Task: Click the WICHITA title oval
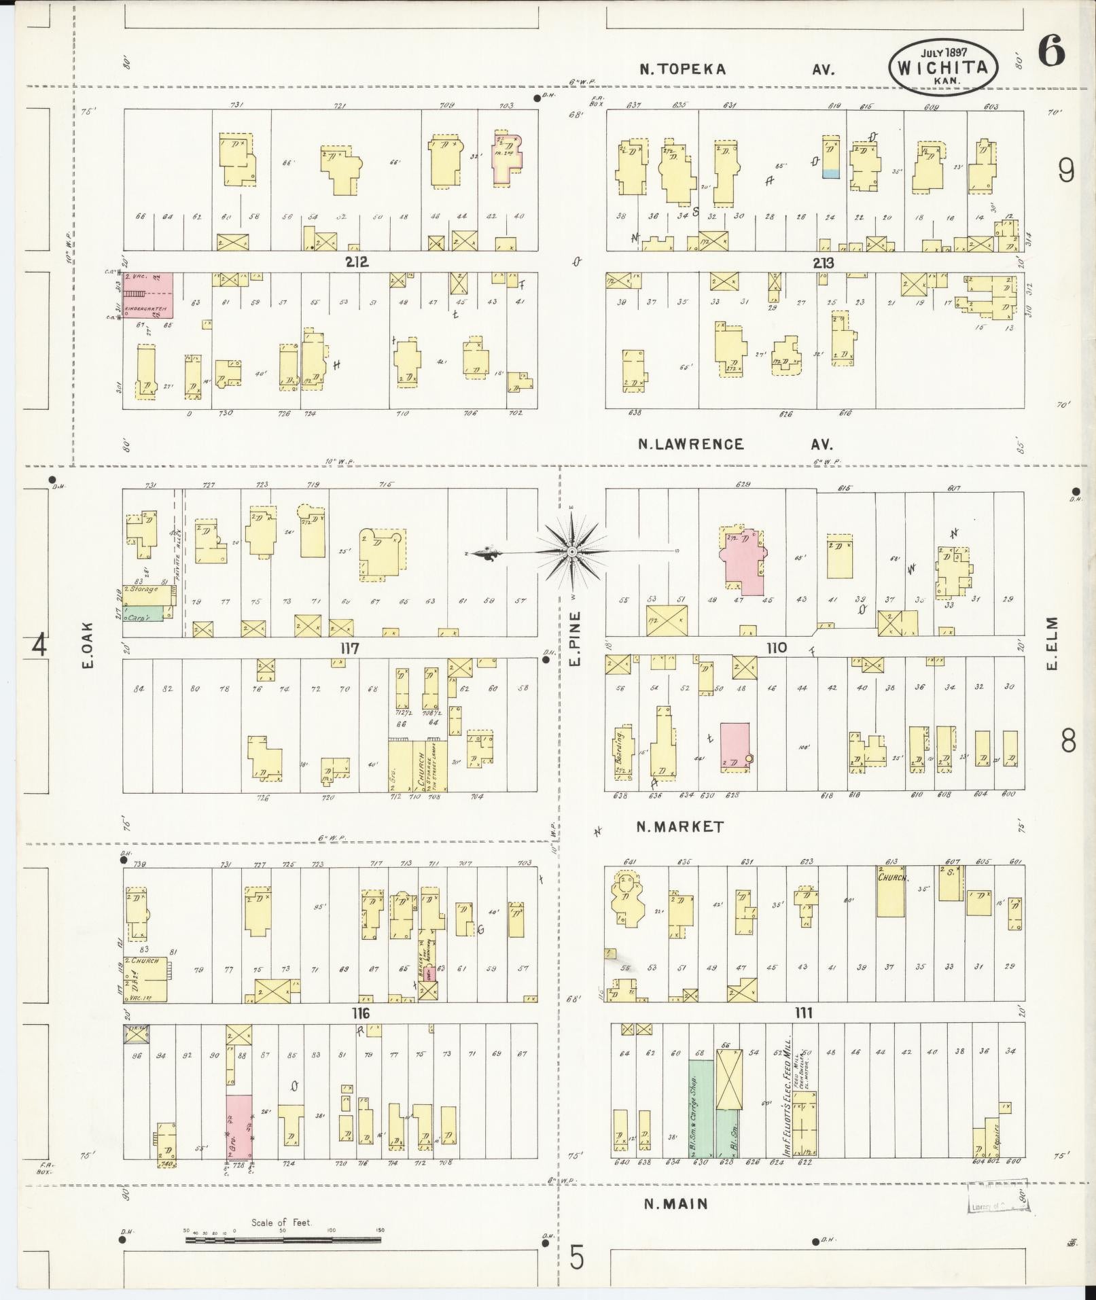point(942,67)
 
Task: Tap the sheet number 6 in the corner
point(1050,52)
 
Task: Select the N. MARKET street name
point(680,827)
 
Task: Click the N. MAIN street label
point(676,1204)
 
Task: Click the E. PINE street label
point(575,639)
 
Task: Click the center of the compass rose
point(572,552)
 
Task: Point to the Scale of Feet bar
point(282,1240)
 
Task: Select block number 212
point(356,262)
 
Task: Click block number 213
point(821,262)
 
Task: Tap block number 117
point(351,649)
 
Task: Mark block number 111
point(803,1014)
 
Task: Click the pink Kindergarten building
point(147,296)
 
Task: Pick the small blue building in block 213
point(830,174)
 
